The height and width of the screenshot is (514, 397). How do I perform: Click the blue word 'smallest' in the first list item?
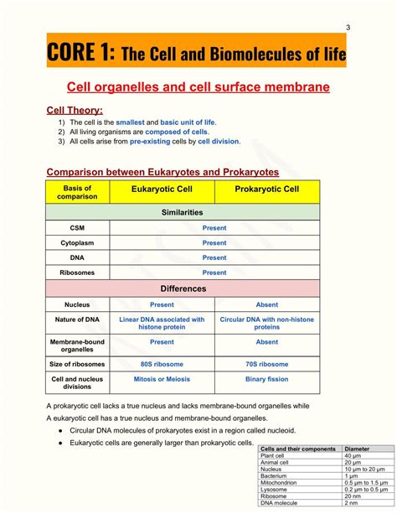(x=130, y=122)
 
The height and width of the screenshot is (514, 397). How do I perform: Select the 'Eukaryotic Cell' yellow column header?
(x=162, y=190)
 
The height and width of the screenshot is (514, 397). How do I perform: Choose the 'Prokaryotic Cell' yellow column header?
(x=267, y=190)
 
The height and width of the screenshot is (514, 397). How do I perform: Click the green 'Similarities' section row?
(x=183, y=213)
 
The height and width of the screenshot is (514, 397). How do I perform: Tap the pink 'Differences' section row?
(x=183, y=288)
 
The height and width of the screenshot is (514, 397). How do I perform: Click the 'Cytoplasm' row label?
(x=78, y=242)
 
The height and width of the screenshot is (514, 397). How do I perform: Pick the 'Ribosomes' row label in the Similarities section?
(x=78, y=273)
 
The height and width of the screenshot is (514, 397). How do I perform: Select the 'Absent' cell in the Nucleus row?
(x=267, y=305)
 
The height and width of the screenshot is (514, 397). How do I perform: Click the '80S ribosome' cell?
(x=162, y=364)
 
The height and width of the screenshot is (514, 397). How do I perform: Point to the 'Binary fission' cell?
(x=267, y=379)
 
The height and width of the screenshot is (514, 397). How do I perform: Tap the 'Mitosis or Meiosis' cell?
(x=162, y=379)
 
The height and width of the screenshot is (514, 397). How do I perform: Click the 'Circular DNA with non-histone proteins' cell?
(x=267, y=324)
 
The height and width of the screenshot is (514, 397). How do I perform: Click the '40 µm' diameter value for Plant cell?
(x=353, y=456)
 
